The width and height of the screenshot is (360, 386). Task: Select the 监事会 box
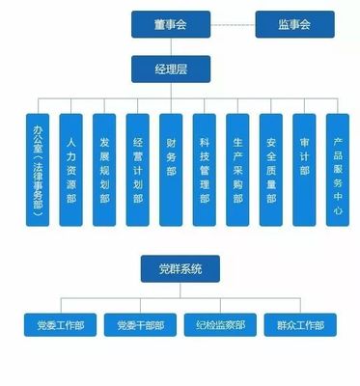295,24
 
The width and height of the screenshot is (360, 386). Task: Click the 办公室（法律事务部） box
37,169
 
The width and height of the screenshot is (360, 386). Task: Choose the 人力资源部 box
70,169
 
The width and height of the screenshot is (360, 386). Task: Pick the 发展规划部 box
104,169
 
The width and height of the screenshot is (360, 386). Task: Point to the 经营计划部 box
137,169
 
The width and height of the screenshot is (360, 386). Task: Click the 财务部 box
171,169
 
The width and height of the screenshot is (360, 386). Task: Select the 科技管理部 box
204,169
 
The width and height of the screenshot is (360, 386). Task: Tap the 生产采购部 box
237,169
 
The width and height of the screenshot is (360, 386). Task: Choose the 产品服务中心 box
337,169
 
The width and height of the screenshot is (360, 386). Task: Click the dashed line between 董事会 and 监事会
232,24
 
